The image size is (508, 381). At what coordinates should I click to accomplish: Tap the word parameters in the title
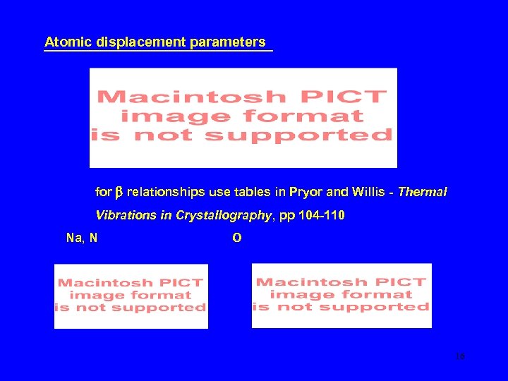coord(228,42)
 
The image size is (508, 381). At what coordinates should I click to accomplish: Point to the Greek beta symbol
coord(119,192)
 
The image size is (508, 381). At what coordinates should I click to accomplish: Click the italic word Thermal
coord(423,192)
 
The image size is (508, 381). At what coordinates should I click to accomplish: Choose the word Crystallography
coord(223,215)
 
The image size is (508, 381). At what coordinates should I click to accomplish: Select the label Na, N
coord(81,238)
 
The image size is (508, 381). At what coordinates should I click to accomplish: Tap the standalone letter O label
coord(236,238)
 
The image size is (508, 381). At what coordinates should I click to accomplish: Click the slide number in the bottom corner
coord(460,357)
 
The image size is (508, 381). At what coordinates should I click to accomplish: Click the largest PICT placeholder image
coord(243,117)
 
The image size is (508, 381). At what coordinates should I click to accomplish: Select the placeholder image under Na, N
coord(131,296)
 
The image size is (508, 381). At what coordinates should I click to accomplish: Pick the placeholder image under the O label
coord(341,295)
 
